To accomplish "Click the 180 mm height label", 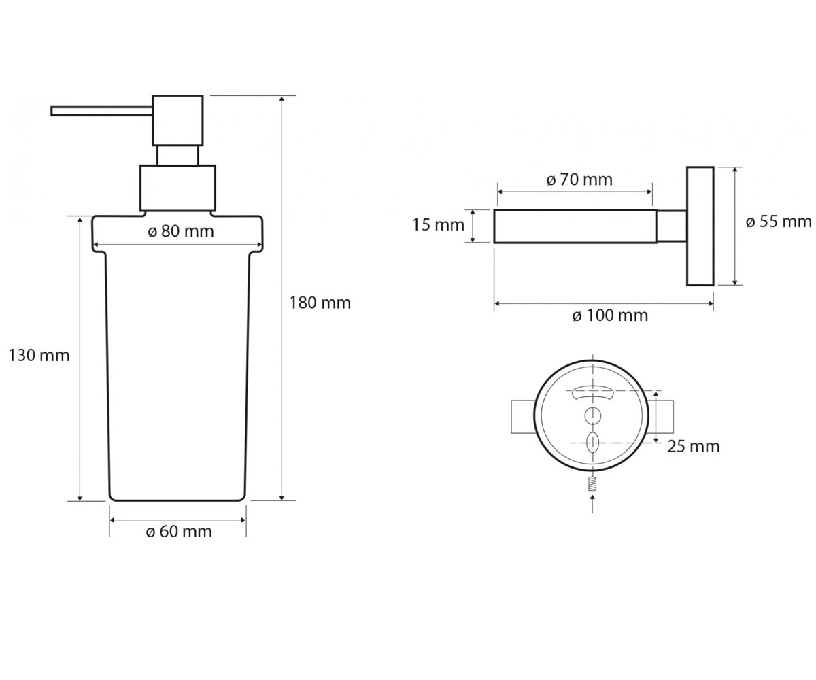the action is pos(320,303).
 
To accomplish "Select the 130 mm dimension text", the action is pos(39,356).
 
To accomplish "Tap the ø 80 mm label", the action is pos(181,231).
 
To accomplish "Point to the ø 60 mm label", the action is pos(179,532).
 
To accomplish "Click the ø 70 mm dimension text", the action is pos(579,180).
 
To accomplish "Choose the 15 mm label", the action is pos(439,225).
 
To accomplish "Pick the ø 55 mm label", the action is pos(779,222).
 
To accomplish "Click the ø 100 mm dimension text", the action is pos(610,316).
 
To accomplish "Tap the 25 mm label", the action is pos(694,447).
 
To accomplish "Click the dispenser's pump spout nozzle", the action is pos(101,111).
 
